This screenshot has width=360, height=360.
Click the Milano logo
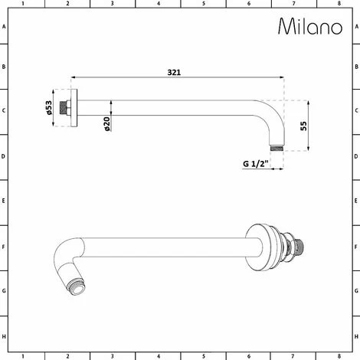coord(310,26)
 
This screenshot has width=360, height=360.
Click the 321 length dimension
coord(174,73)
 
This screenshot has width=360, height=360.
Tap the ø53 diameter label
coord(49,107)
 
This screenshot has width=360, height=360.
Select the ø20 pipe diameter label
coord(107,124)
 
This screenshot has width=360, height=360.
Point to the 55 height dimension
coord(303,126)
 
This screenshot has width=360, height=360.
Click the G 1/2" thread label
coord(256,164)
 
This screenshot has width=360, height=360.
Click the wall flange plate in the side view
coord(74,108)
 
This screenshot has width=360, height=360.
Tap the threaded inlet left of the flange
coord(63,108)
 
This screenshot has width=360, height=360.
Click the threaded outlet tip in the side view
coord(277,148)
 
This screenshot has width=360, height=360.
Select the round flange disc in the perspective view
coord(258,247)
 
